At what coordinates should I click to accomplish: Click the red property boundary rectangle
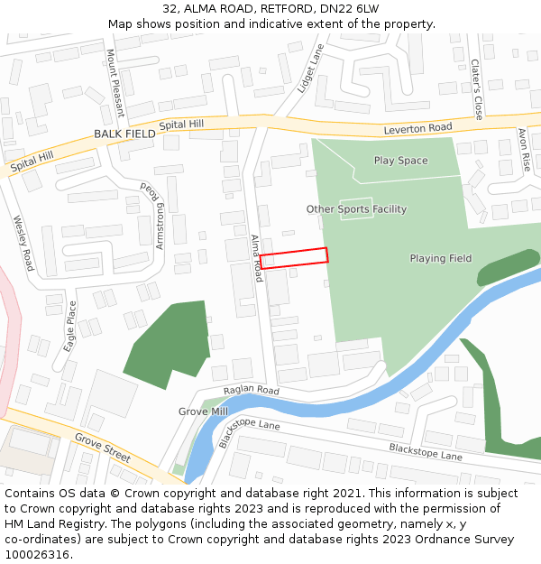pyautogui.click(x=294, y=257)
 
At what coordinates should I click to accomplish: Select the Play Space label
pyautogui.click(x=400, y=161)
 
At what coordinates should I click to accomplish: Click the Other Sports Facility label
pyautogui.click(x=356, y=209)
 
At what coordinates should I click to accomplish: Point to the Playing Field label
pyautogui.click(x=440, y=259)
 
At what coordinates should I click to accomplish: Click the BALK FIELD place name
pyautogui.click(x=124, y=134)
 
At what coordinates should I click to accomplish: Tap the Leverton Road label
pyautogui.click(x=417, y=129)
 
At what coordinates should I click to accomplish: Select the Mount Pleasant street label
pyautogui.click(x=115, y=84)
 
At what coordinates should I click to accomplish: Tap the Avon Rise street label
pyautogui.click(x=524, y=150)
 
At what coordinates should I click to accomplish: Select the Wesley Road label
pyautogui.click(x=23, y=243)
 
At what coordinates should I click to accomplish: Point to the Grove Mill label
pyautogui.click(x=203, y=411)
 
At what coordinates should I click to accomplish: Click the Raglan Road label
pyautogui.click(x=252, y=390)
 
